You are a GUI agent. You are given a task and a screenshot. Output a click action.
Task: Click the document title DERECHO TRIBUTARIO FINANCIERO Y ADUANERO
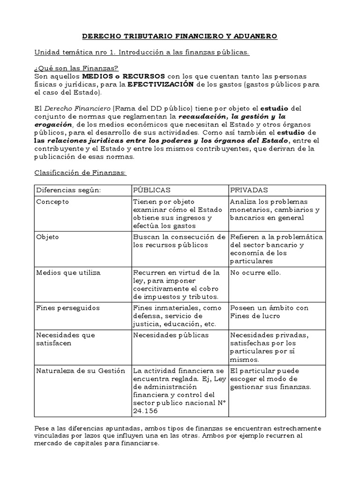[180, 36]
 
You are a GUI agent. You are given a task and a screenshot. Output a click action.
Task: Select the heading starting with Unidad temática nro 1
[142, 52]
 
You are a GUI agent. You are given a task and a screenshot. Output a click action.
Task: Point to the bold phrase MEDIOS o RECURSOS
[123, 76]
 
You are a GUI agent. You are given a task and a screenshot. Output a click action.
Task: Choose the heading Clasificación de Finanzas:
[80, 172]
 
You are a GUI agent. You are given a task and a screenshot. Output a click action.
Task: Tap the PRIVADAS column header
[248, 190]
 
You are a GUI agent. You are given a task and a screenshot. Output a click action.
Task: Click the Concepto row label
[52, 202]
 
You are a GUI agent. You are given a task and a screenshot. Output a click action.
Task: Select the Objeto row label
[47, 237]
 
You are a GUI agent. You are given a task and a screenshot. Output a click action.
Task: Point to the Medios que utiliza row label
[68, 272]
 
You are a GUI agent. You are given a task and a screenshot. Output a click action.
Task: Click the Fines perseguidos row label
[64, 308]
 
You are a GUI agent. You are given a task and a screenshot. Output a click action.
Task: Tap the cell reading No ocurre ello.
[255, 272]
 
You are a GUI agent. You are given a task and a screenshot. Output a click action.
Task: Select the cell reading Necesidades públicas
[171, 335]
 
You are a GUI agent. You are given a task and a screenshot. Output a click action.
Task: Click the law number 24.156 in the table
[146, 410]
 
